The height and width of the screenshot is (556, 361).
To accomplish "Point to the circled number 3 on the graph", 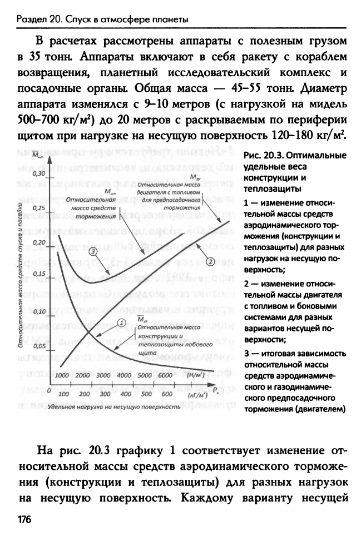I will click(x=93, y=251).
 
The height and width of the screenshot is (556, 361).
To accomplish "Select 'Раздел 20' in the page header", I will click(x=37, y=21).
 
